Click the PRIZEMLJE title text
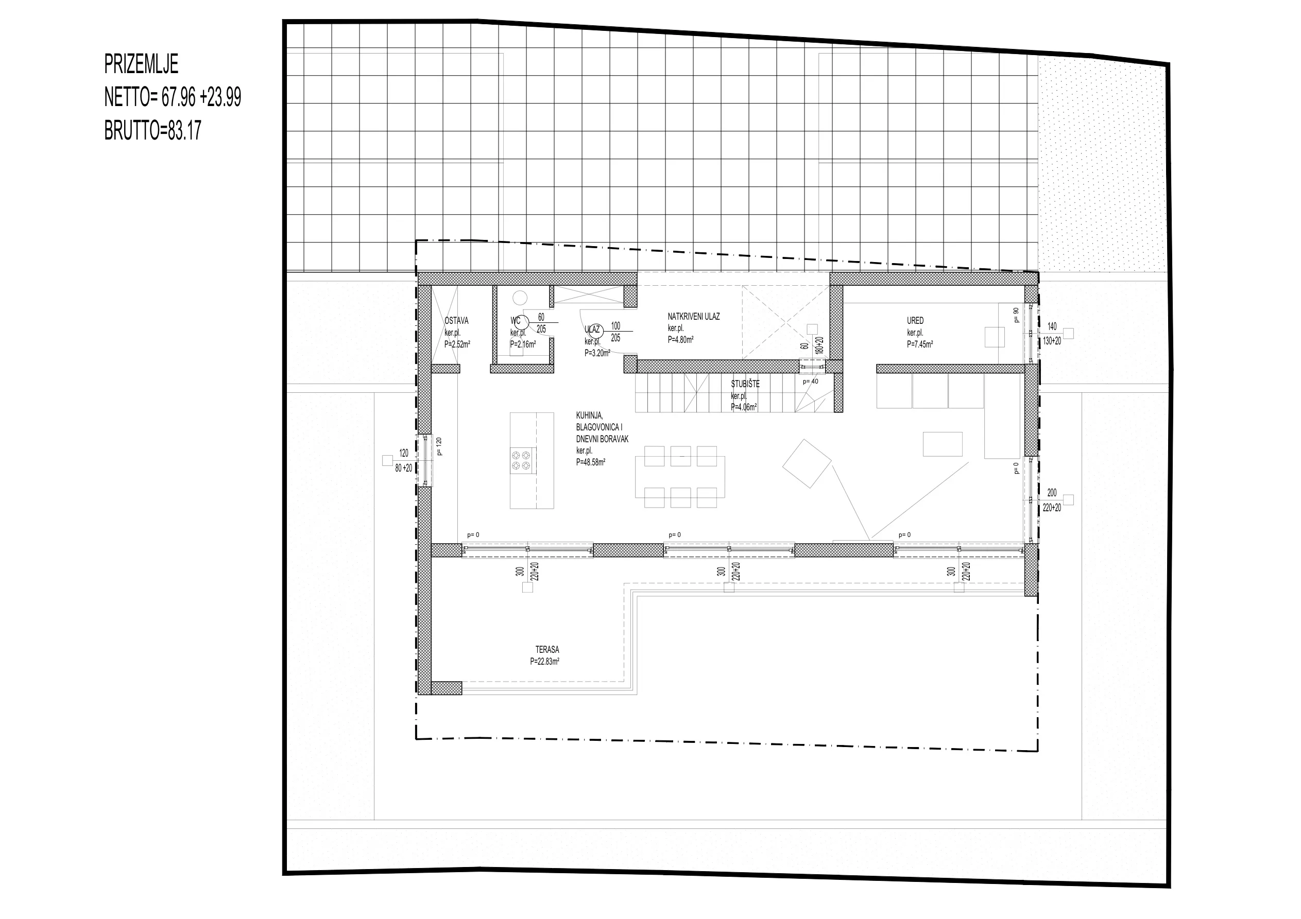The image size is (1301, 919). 141,64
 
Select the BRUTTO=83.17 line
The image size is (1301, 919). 152,131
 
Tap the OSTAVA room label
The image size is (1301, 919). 456,321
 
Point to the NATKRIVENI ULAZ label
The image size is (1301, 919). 694,317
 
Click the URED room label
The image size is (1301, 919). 915,321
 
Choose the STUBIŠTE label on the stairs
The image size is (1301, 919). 745,384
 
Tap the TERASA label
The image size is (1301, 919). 547,649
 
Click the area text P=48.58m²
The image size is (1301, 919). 590,462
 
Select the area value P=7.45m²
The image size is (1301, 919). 920,344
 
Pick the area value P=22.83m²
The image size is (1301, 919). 544,661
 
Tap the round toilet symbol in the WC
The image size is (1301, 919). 520,298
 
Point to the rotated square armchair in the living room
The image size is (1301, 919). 807,463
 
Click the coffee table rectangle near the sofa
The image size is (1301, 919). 943,444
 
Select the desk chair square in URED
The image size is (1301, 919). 995,337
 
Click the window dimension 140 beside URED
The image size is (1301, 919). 1052,326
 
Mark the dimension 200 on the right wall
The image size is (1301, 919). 1052,493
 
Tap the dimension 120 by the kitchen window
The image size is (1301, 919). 403,453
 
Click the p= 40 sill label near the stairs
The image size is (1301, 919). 810,382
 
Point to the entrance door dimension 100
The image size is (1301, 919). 616,326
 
